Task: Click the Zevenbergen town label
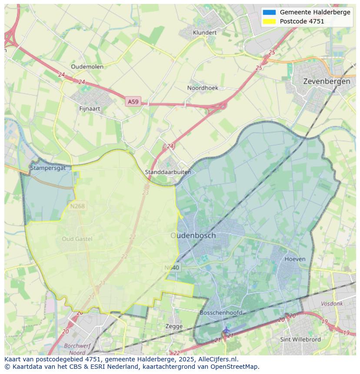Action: pyautogui.click(x=327, y=81)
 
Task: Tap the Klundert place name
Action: pyautogui.click(x=204, y=33)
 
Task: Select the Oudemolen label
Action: pyautogui.click(x=87, y=66)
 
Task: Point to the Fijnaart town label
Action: pyautogui.click(x=90, y=109)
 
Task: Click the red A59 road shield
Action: pyautogui.click(x=133, y=102)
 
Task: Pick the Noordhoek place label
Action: pyautogui.click(x=203, y=88)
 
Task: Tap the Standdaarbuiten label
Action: pyautogui.click(x=168, y=172)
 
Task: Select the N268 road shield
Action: pyautogui.click(x=77, y=206)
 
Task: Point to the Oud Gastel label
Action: pyautogui.click(x=77, y=239)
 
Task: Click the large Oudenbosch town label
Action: pyautogui.click(x=193, y=235)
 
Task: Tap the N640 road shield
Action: pyautogui.click(x=172, y=268)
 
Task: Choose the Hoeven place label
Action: pyautogui.click(x=295, y=259)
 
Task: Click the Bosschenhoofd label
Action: pyautogui.click(x=221, y=313)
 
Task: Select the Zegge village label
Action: pyautogui.click(x=174, y=326)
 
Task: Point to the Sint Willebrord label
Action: pyautogui.click(x=300, y=339)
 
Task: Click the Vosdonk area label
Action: pyautogui.click(x=332, y=304)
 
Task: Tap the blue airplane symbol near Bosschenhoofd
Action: pyautogui.click(x=226, y=330)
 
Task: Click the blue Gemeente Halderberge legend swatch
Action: pyautogui.click(x=269, y=12)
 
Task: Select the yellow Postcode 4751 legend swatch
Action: pyautogui.click(x=269, y=21)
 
